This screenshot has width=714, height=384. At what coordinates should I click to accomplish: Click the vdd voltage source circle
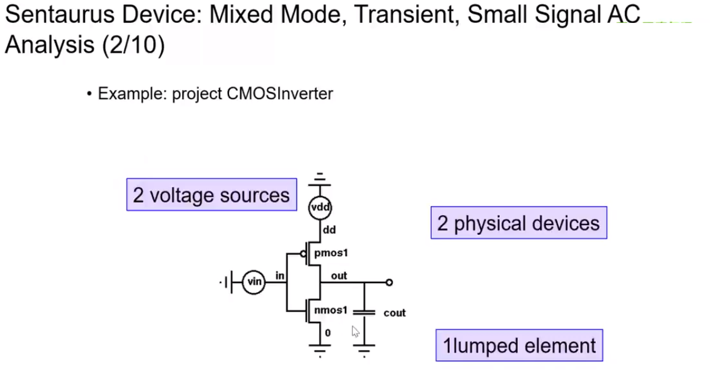[x=320, y=208]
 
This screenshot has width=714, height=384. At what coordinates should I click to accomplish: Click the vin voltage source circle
[x=254, y=282]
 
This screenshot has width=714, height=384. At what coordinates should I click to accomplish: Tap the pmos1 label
[x=330, y=252]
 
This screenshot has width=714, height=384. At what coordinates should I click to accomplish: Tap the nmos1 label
[x=331, y=310]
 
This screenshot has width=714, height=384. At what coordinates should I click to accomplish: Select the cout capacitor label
[x=394, y=313]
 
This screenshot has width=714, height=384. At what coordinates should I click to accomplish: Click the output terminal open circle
[x=389, y=282]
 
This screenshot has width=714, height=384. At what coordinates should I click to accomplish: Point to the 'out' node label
[x=339, y=275]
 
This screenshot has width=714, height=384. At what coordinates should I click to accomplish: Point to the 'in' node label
[x=280, y=275]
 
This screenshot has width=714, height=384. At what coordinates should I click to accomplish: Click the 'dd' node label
[x=329, y=229]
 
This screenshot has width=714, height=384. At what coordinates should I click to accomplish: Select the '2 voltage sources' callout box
[x=211, y=194]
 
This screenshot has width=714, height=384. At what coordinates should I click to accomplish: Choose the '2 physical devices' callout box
[x=518, y=223]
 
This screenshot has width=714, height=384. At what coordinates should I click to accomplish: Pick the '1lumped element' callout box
[x=519, y=345]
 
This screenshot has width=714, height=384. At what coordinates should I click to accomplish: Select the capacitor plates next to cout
[x=364, y=312]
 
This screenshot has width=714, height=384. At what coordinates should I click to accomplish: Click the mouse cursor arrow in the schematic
[x=355, y=331]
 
